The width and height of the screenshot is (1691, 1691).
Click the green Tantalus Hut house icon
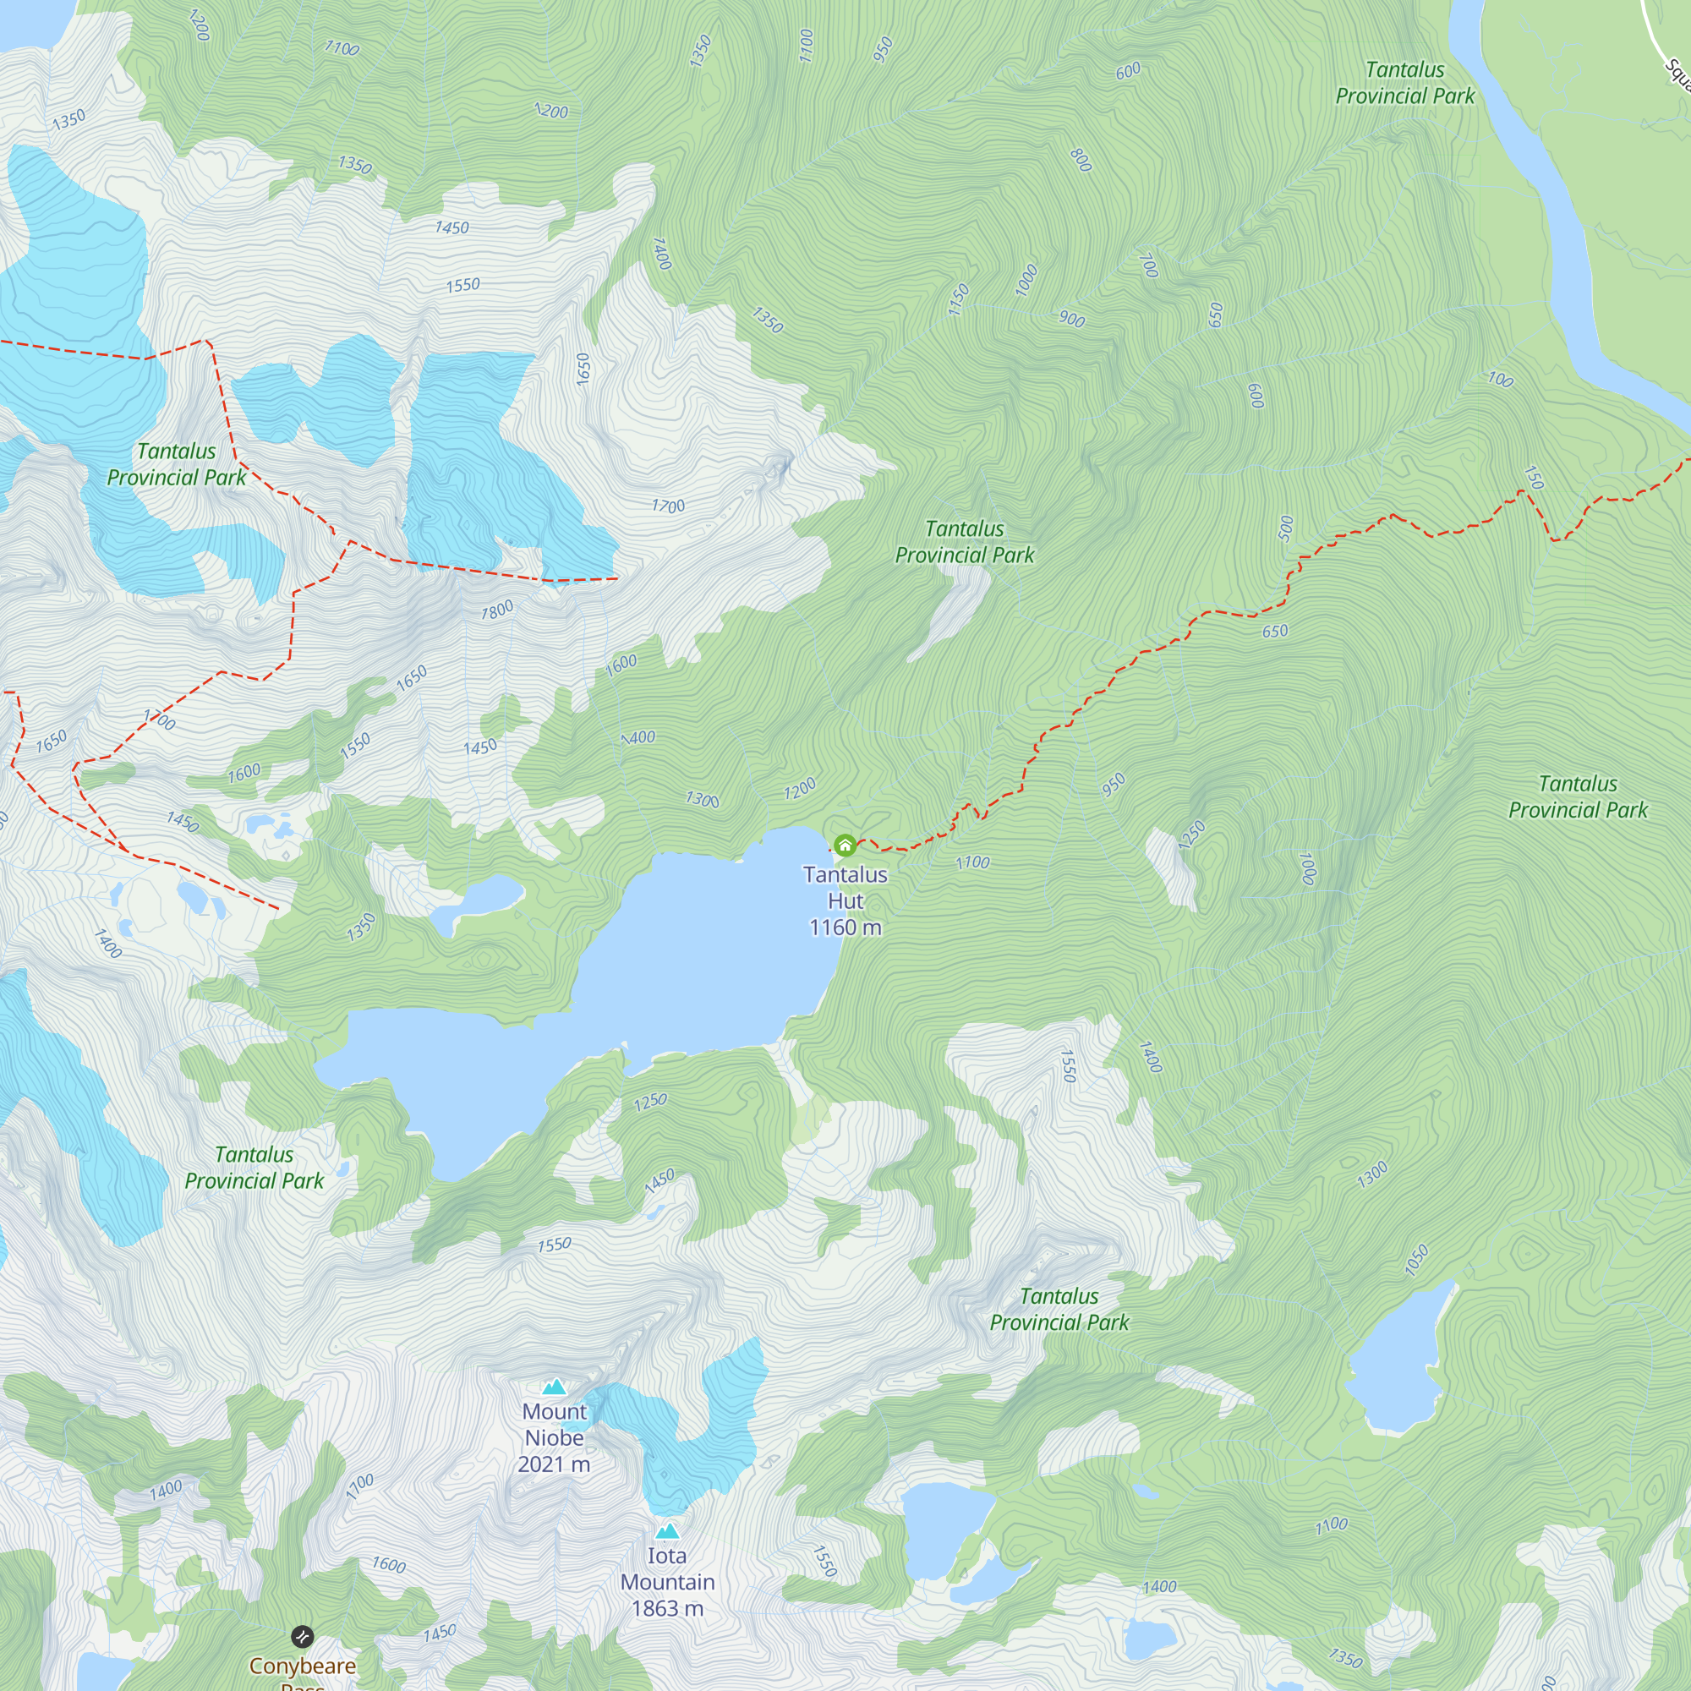click(845, 845)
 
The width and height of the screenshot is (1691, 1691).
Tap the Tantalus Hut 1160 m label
click(845, 900)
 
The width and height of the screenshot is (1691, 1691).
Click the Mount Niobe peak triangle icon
click(554, 1387)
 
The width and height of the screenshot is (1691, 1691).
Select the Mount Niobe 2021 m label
click(554, 1437)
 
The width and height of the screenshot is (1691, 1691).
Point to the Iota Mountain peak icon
click(668, 1531)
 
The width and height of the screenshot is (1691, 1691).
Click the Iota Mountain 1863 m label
click(668, 1582)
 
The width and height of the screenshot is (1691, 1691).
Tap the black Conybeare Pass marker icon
click(302, 1636)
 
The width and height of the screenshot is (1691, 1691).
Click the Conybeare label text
click(302, 1666)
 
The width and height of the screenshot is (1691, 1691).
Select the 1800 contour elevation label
click(497, 610)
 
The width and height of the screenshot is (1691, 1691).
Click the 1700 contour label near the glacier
click(668, 506)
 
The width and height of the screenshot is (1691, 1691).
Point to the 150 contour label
click(1534, 477)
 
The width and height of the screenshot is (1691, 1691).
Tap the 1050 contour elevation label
click(1416, 1261)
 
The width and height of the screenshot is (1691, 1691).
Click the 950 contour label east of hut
click(1114, 785)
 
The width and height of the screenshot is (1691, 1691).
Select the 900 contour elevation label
click(1071, 319)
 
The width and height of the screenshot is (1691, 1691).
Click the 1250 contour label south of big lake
click(650, 1102)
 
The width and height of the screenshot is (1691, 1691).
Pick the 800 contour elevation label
click(1081, 160)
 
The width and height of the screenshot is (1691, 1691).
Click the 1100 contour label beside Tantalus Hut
click(972, 863)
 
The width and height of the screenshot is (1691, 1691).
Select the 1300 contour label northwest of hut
click(702, 799)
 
